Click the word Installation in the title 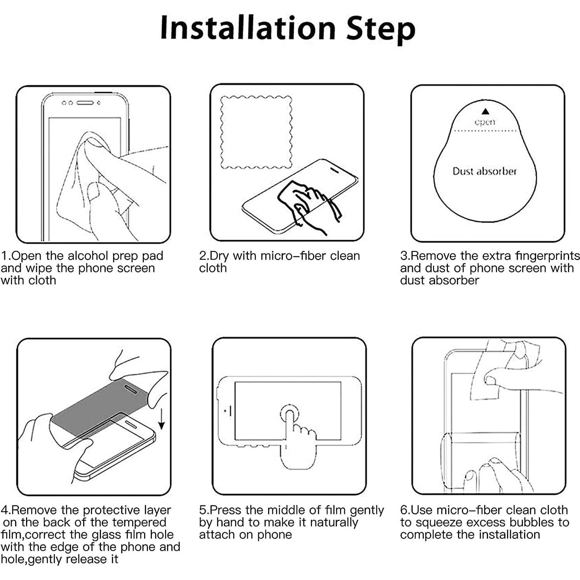(x=248, y=28)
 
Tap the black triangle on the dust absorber (x=485, y=112)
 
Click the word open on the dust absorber (x=485, y=122)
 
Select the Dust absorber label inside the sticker (x=484, y=171)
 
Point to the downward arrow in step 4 (x=162, y=422)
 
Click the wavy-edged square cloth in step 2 (x=256, y=132)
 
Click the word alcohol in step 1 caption (x=88, y=256)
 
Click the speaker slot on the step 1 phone (x=85, y=103)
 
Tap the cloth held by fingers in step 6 (x=486, y=373)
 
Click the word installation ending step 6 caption (x=509, y=535)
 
